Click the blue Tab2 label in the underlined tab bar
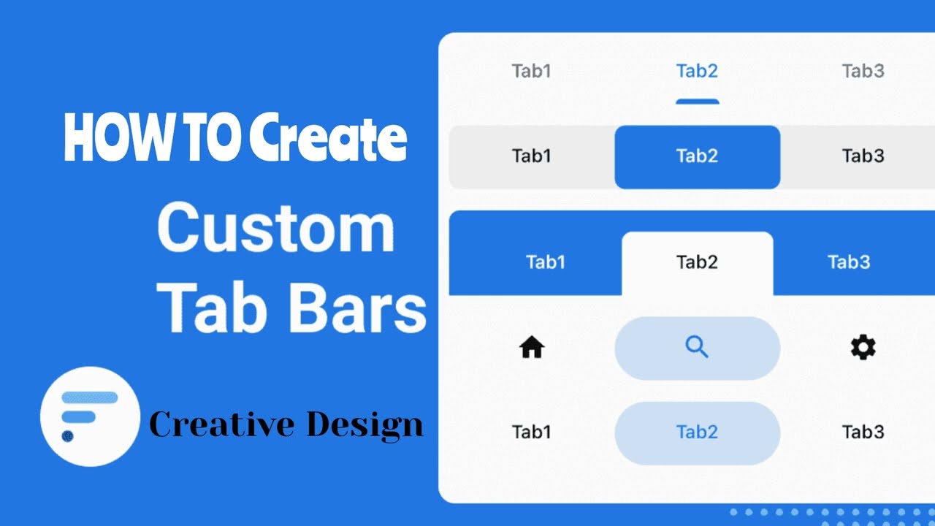pos(697,71)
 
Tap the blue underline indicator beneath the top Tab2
pos(697,102)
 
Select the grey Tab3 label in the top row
pos(863,71)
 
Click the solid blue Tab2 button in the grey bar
pos(697,156)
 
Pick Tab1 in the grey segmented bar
pos(531,156)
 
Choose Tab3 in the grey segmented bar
pos(863,156)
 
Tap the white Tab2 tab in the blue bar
pos(697,262)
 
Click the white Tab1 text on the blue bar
pos(546,262)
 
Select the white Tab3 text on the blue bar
pos(849,262)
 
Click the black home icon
pos(532,348)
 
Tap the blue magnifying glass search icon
pos(697,348)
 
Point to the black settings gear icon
pos(863,348)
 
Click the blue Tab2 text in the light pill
pos(697,432)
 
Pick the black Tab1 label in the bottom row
pos(531,432)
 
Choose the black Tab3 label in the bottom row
pos(863,432)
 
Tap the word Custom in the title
pos(276,228)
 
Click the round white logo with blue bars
pos(90,416)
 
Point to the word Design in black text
pos(365,424)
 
